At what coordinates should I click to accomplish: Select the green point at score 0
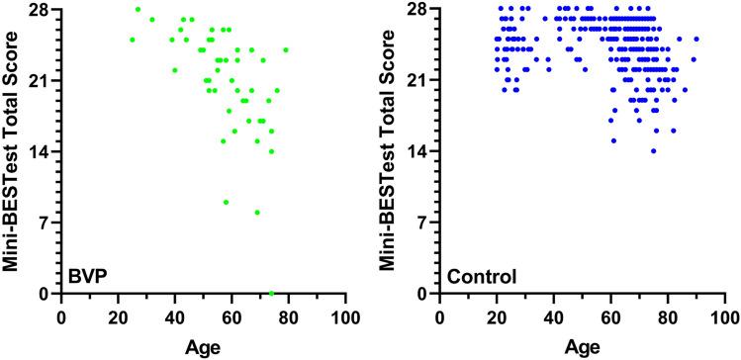pyautogui.click(x=271, y=294)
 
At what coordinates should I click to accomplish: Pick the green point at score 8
pyautogui.click(x=257, y=213)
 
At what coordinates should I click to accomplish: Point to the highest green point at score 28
pyautogui.click(x=138, y=9)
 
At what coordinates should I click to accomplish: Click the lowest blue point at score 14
pyautogui.click(x=653, y=151)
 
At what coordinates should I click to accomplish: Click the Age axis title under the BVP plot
pyautogui.click(x=203, y=347)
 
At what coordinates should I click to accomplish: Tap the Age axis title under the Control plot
pyautogui.click(x=584, y=347)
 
